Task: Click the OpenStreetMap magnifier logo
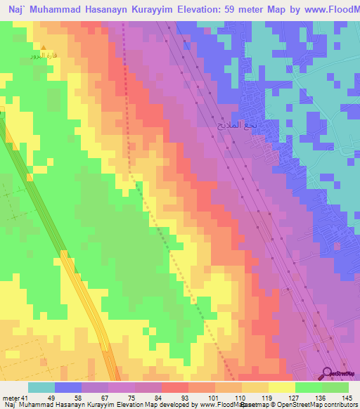point(328,373)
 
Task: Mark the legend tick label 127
point(295,398)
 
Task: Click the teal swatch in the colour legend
point(41,387)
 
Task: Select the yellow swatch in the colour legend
point(282,387)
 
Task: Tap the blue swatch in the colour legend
point(68,387)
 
